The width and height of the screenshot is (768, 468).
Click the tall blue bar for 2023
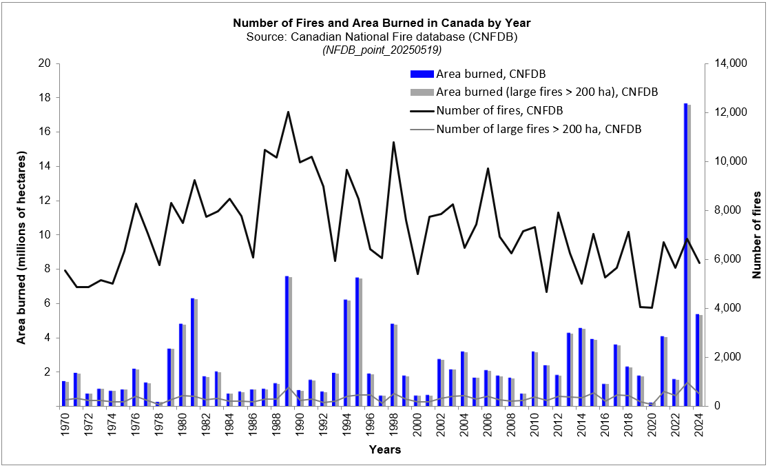[685, 255]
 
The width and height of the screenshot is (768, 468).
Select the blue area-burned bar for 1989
[287, 341]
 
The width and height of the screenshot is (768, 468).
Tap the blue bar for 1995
[357, 342]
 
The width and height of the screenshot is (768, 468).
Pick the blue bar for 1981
[193, 352]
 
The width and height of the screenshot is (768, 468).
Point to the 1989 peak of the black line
[288, 112]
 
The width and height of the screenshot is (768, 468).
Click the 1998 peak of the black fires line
[393, 142]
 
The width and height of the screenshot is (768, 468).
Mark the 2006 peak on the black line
[488, 168]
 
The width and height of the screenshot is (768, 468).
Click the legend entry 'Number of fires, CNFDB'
[499, 110]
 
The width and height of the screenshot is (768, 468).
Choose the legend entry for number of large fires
[539, 128]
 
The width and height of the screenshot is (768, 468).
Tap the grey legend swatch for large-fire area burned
[421, 92]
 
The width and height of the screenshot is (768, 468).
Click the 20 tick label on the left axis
[45, 63]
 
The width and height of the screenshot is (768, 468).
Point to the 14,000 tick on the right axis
[731, 63]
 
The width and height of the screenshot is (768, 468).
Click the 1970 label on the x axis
[64, 425]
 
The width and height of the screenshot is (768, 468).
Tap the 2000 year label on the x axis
[417, 425]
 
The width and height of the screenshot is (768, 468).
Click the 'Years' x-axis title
[384, 450]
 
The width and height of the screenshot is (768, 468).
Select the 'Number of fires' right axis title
[756, 235]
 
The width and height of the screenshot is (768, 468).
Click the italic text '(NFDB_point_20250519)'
[382, 50]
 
